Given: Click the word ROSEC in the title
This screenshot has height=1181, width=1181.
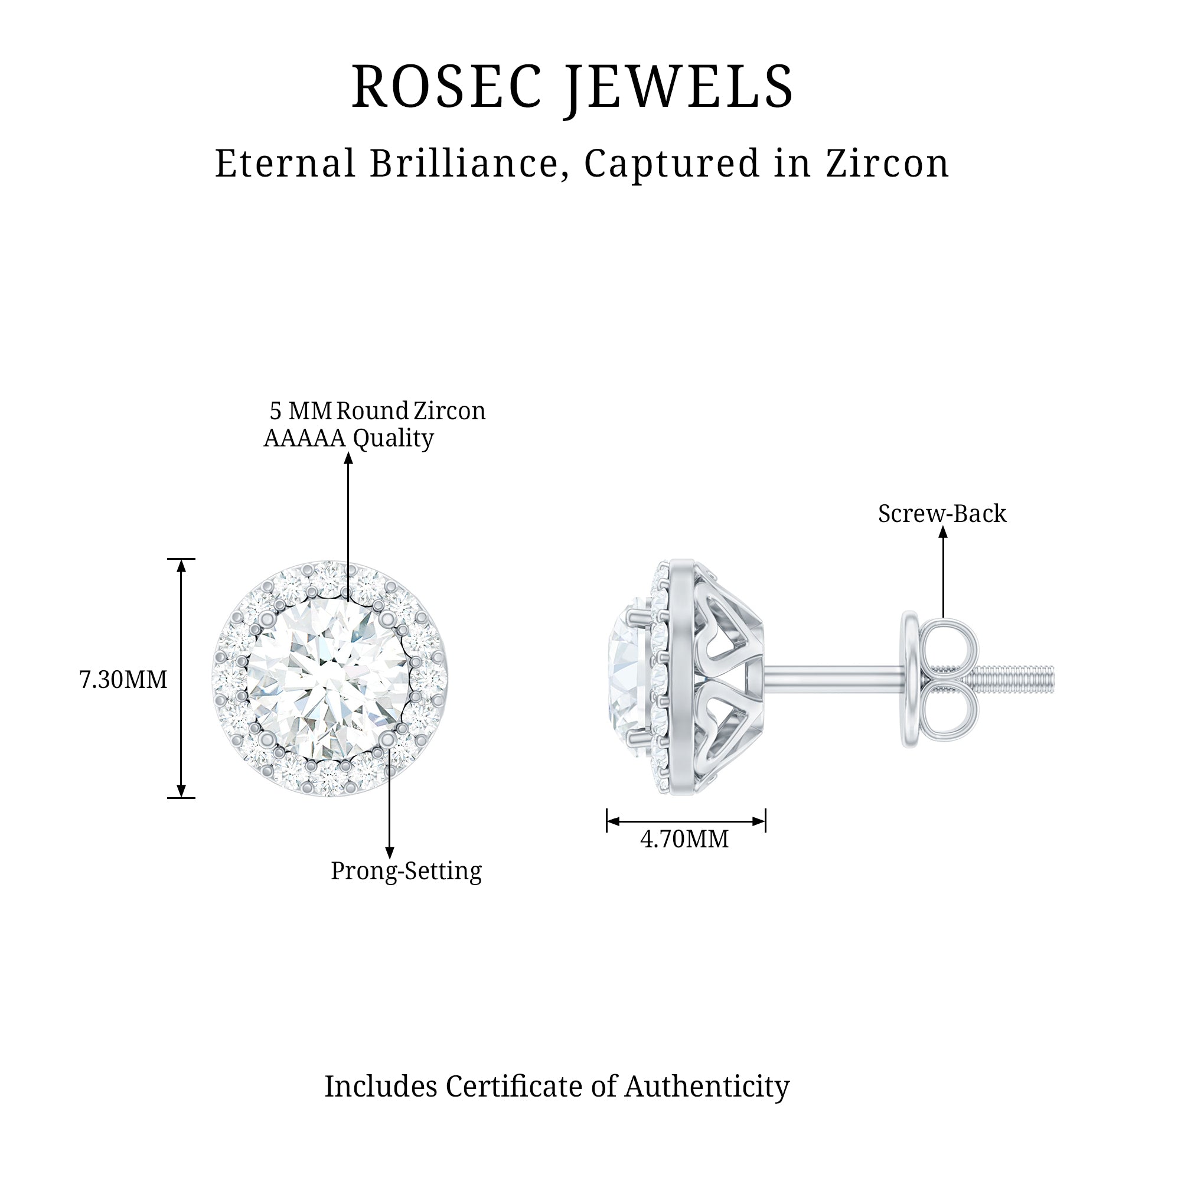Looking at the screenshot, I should [446, 87].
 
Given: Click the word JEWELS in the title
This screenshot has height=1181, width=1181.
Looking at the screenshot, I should [678, 87].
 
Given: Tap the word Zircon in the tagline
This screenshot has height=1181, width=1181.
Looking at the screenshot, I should [888, 164].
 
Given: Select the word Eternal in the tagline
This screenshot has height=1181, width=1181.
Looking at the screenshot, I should [285, 164].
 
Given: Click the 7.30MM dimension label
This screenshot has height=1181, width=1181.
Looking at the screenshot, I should [123, 680].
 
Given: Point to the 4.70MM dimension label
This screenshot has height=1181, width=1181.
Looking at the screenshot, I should [684, 839].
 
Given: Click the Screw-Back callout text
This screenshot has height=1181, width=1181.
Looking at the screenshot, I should [941, 514].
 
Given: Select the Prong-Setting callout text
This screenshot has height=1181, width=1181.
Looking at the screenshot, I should [406, 870].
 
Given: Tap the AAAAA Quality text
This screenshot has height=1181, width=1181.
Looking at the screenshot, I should [348, 438].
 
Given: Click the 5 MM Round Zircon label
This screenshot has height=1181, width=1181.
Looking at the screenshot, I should [377, 411].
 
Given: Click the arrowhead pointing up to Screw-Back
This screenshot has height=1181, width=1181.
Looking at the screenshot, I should [942, 533].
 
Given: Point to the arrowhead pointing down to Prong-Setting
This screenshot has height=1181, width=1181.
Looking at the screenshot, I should [389, 853].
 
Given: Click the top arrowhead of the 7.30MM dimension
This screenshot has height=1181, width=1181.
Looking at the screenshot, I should [181, 566].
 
